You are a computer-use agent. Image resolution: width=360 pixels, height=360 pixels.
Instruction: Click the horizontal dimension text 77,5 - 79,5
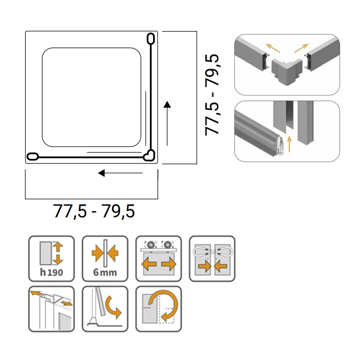point(94,211)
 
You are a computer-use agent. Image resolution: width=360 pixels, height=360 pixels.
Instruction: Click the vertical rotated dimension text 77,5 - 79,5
point(212,95)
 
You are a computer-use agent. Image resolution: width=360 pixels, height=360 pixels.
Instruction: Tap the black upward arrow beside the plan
point(167,123)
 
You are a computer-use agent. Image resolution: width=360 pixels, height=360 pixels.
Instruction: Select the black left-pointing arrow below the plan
point(120,173)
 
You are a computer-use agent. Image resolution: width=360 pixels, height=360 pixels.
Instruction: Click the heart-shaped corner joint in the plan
point(149,155)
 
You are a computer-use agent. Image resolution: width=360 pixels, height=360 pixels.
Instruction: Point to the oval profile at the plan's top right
point(151,38)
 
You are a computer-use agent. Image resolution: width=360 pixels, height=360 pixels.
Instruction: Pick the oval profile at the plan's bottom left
point(32,157)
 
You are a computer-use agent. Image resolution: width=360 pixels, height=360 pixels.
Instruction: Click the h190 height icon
point(51,258)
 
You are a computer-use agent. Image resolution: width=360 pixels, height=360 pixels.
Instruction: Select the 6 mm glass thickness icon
point(105,258)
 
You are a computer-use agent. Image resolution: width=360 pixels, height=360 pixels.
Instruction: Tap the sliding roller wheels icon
point(159,258)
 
